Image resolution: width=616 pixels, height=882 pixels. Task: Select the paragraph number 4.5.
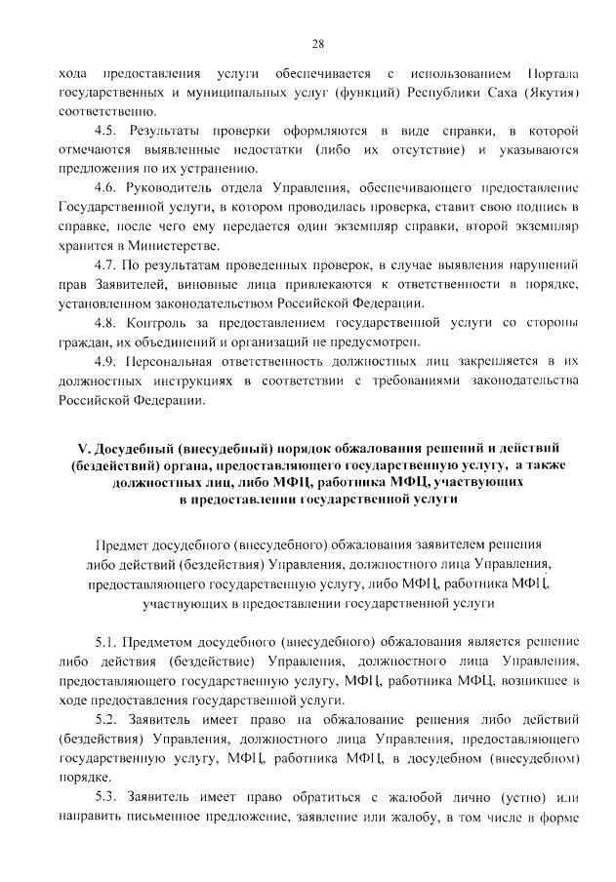point(105,131)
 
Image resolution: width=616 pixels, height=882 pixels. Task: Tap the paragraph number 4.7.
point(105,265)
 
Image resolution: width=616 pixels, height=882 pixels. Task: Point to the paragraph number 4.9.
point(105,362)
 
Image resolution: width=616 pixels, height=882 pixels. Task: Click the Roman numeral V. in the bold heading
point(84,449)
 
